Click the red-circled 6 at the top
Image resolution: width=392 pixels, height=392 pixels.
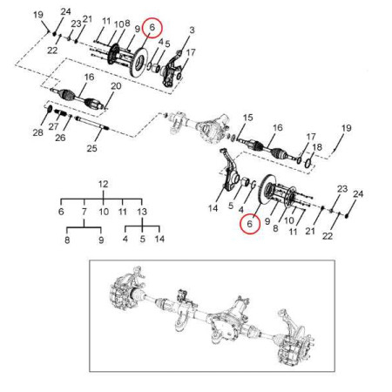(152, 28)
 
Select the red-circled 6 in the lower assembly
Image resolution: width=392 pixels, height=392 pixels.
(250, 224)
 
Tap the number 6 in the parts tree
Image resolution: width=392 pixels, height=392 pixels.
(61, 212)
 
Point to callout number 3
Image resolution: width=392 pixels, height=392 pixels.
(192, 30)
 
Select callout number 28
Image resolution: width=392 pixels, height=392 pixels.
(37, 132)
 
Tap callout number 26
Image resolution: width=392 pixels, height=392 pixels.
(60, 138)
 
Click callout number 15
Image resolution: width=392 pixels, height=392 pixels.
(247, 118)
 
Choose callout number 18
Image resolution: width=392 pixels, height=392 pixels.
(316, 146)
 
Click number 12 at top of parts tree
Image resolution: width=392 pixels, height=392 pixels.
(104, 185)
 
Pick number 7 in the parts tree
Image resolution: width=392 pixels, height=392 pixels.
(84, 212)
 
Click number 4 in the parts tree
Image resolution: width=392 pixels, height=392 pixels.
(125, 239)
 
